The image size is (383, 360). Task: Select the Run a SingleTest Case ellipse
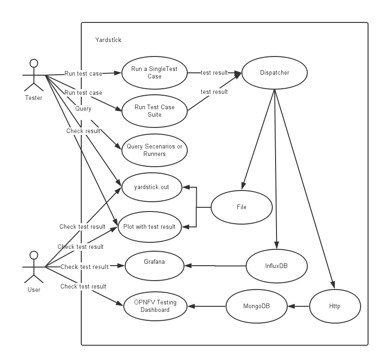click(154, 73)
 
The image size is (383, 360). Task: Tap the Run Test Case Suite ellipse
click(154, 111)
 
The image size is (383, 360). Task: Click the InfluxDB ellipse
click(277, 266)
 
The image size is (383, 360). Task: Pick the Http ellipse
click(335, 306)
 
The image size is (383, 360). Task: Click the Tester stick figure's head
click(33, 63)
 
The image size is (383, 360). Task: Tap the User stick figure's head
click(33, 255)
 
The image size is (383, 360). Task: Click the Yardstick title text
click(108, 40)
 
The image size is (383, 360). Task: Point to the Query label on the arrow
click(83, 108)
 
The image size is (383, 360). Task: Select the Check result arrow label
click(83, 131)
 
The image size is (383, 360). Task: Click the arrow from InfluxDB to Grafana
click(215, 266)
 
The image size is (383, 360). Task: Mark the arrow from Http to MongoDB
click(298, 306)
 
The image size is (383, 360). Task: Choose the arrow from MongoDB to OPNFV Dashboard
click(206, 306)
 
